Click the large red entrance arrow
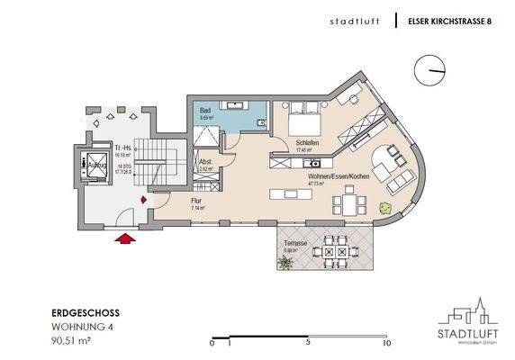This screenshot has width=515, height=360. tap(126, 238)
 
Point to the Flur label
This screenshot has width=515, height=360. tap(196, 202)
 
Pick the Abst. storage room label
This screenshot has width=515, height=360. tap(205, 163)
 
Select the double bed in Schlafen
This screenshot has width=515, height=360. tap(304, 118)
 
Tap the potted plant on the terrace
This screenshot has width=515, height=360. tap(285, 263)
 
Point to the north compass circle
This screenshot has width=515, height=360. tap(430, 70)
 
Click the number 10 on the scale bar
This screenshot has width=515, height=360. tap(387, 343)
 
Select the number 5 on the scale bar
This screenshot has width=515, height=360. tap(308, 343)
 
